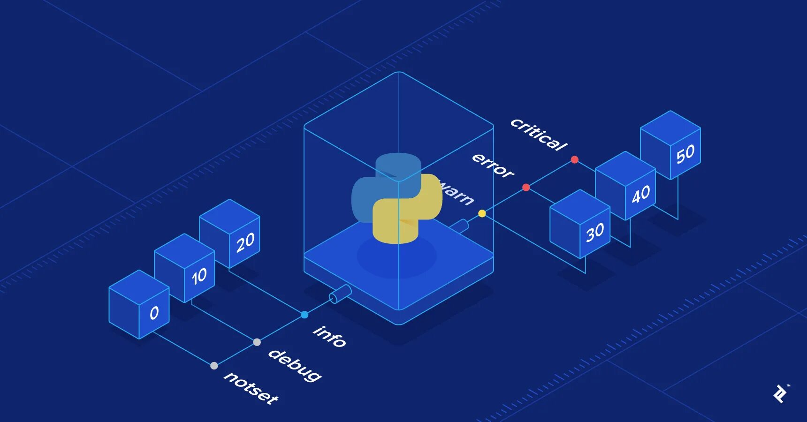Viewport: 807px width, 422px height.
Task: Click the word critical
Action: click(x=539, y=135)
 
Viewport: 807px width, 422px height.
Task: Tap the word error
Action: click(x=493, y=166)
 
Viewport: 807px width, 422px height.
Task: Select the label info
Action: click(x=330, y=336)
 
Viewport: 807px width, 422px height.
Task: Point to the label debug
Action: click(x=295, y=365)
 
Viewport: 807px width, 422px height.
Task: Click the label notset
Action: click(x=251, y=387)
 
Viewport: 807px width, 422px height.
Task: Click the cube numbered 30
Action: click(x=580, y=224)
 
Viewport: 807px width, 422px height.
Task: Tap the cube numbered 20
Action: click(x=230, y=233)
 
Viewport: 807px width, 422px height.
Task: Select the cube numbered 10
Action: click(x=184, y=268)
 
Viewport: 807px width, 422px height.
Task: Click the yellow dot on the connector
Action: click(x=482, y=213)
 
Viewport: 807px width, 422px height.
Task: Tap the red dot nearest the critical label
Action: click(x=575, y=160)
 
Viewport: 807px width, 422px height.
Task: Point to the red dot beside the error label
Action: click(x=526, y=188)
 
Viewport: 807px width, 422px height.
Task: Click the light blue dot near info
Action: click(x=305, y=315)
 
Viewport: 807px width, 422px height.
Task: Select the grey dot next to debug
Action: click(x=257, y=342)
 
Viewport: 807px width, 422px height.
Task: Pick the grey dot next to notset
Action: click(x=214, y=366)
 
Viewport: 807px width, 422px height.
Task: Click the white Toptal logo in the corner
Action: click(x=781, y=394)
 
